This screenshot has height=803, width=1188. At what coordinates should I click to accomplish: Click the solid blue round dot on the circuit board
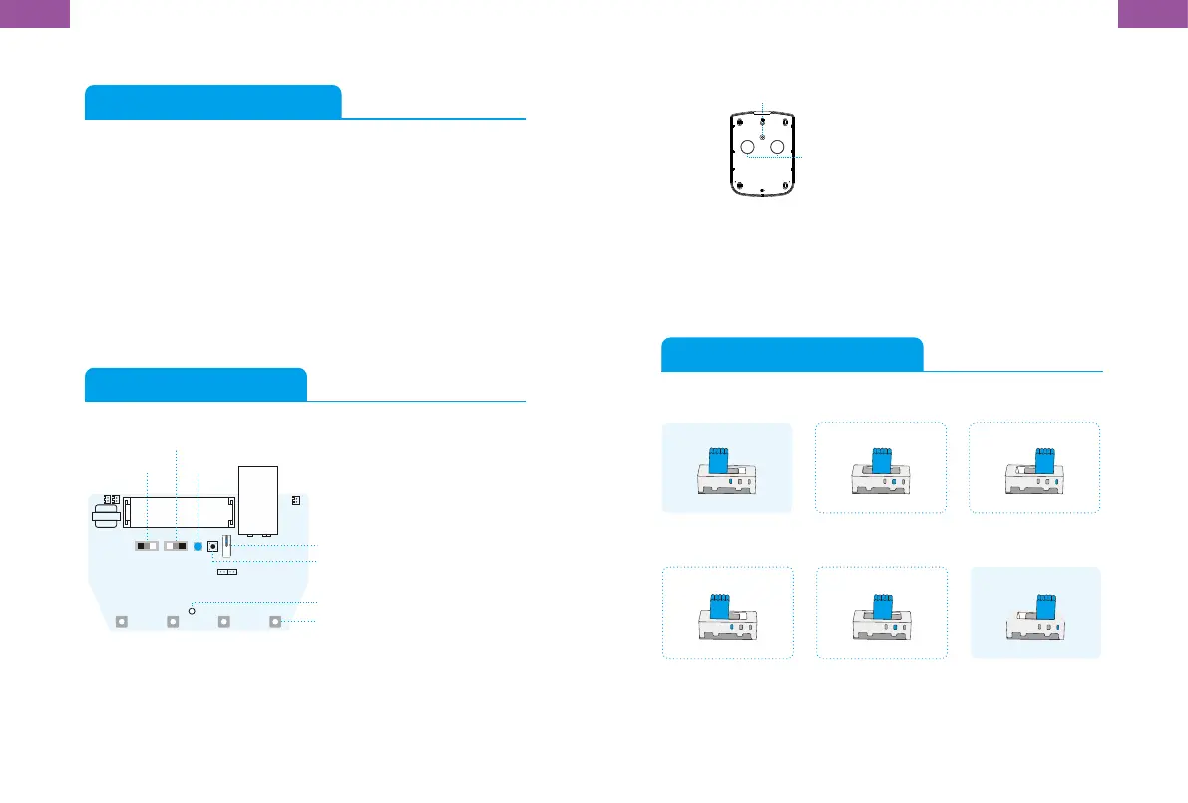pos(198,547)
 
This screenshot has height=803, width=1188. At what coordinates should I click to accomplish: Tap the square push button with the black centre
pos(212,547)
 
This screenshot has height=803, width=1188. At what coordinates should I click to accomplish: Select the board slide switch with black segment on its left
pos(146,547)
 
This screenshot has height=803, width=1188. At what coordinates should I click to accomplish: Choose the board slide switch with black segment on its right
pos(176,547)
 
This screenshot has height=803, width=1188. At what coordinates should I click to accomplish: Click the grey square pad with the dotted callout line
pos(276,622)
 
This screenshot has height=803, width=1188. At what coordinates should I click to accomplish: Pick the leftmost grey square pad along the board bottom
pos(121,622)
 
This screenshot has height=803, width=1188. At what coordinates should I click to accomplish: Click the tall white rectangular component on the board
pos(258,498)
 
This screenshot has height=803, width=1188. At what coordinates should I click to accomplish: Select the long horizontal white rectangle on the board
pos(179,512)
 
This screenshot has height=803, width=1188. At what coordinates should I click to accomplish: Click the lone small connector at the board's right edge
pos(295,500)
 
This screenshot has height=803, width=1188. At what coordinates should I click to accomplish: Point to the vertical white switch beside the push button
pos(228,545)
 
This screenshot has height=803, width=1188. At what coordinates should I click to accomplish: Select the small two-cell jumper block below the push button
pos(227,574)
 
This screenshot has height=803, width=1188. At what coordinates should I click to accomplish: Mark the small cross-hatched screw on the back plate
pos(763,134)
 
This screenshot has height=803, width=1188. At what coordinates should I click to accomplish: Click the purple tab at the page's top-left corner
pos(34,13)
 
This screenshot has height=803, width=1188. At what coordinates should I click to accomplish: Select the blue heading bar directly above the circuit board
pos(196,384)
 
